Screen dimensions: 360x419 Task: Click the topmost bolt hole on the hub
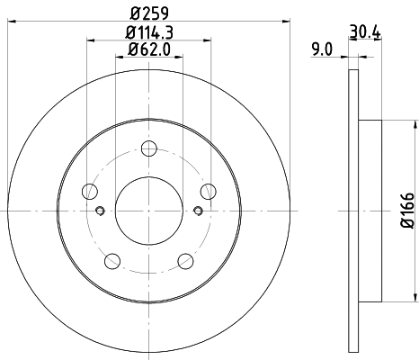149,147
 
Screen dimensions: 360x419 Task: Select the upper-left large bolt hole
90,191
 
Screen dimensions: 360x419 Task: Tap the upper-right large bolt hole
208,191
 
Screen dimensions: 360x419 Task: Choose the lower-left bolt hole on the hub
112,261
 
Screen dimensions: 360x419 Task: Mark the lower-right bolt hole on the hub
185,261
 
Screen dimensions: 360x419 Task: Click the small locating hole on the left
100,211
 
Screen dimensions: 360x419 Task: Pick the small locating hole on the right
198,211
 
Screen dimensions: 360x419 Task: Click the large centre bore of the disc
149,209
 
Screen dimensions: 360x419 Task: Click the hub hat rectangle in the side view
370,211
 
